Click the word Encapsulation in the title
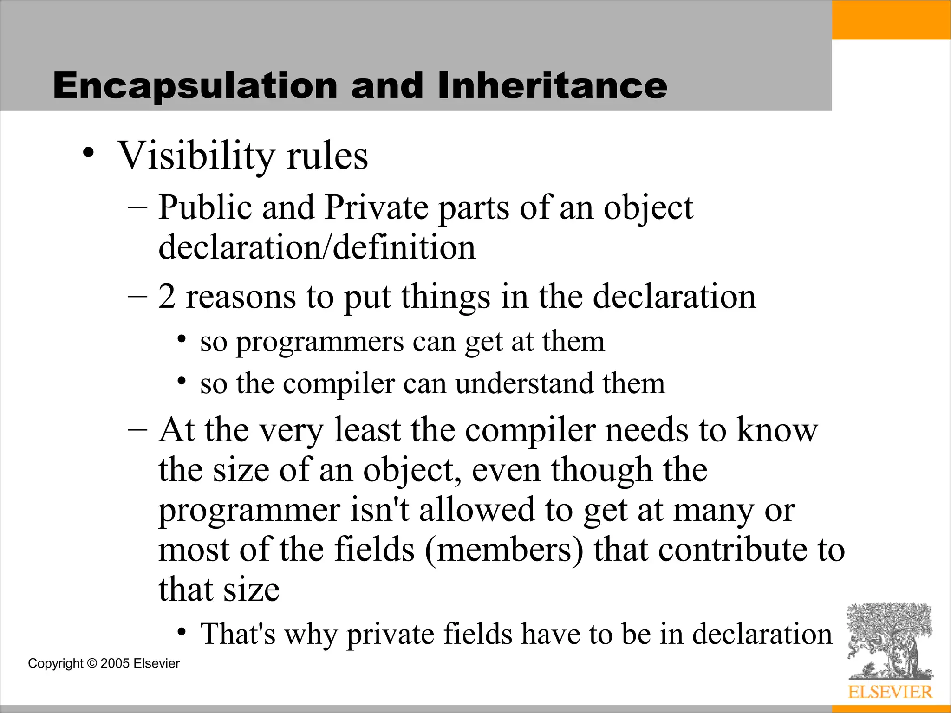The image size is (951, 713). [195, 87]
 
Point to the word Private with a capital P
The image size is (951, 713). [376, 207]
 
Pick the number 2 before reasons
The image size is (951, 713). [167, 297]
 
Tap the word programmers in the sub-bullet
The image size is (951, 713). [320, 343]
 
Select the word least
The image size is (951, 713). [367, 430]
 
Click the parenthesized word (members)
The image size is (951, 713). [504, 550]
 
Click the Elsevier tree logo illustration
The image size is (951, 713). [889, 641]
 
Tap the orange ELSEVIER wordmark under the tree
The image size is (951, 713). [890, 692]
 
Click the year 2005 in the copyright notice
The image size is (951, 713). [115, 663]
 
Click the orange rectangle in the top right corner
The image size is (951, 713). [891, 19]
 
